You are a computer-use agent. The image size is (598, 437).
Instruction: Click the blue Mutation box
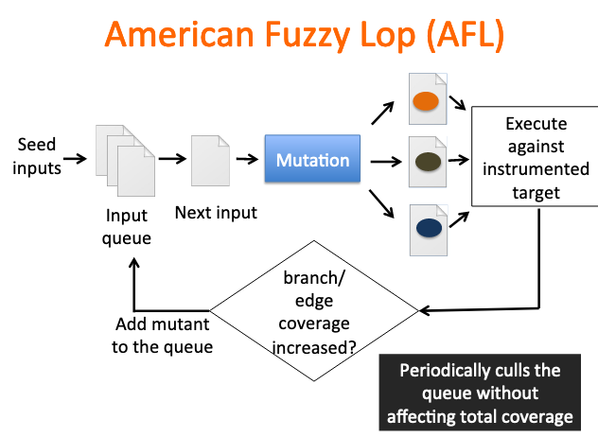click(x=312, y=160)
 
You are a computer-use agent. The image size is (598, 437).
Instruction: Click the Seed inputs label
click(x=37, y=156)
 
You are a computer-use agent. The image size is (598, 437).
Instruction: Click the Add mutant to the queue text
click(x=162, y=336)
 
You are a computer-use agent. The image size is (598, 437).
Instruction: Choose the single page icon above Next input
click(x=210, y=160)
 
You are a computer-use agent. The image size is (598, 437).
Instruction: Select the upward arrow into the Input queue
click(x=135, y=284)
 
